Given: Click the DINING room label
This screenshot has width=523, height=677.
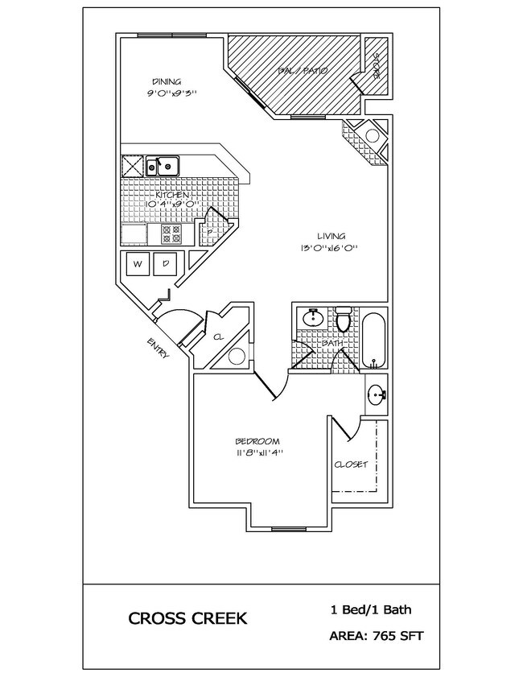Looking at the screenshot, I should (167, 81).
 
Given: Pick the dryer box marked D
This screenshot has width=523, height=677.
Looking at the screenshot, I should (166, 263).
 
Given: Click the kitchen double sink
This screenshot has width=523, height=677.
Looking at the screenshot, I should (163, 167).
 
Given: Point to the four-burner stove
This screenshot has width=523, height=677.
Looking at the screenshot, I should (171, 233).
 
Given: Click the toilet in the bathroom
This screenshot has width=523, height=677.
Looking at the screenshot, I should (344, 320).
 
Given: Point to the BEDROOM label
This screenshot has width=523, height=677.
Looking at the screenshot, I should (257, 441).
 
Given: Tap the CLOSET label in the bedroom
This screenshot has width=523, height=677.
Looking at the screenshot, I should (351, 464).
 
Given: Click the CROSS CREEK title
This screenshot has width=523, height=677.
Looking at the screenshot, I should (187, 619).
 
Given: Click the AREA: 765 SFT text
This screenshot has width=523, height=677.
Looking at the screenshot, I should (376, 636).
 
